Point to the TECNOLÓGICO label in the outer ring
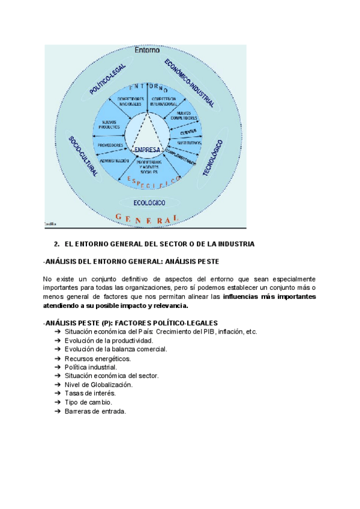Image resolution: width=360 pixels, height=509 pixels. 213,158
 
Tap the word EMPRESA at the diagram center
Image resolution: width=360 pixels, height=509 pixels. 146,149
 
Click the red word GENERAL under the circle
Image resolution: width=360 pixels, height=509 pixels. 146,219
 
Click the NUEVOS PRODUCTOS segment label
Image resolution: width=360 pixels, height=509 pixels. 109,125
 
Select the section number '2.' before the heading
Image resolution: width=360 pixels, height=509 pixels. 56,244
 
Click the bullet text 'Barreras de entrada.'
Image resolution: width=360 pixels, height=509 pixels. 95,411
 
